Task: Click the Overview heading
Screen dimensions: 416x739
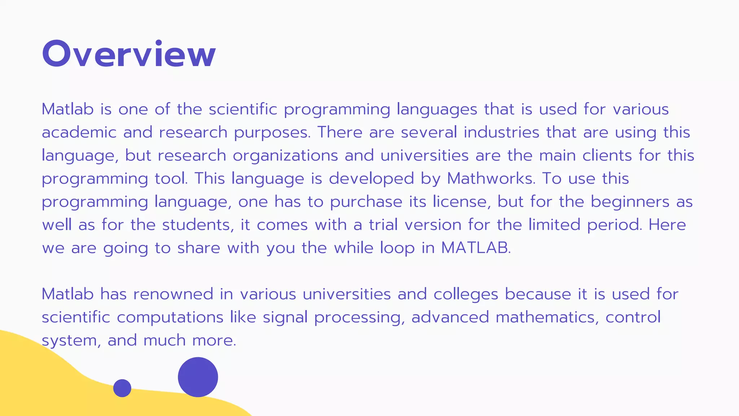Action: point(129,54)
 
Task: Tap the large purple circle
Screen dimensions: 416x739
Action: point(198,377)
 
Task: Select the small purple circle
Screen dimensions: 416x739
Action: point(122,388)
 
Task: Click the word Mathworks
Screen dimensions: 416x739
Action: point(491,178)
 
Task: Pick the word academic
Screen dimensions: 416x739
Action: point(79,132)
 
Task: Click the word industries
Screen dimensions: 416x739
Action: point(501,132)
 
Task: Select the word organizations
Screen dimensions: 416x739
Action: point(285,156)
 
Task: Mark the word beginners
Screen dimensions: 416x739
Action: point(630,201)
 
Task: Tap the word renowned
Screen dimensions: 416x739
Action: point(173,294)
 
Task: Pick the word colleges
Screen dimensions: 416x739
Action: point(465,294)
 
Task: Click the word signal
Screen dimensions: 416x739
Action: point(285,317)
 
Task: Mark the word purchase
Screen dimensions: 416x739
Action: point(366,201)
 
